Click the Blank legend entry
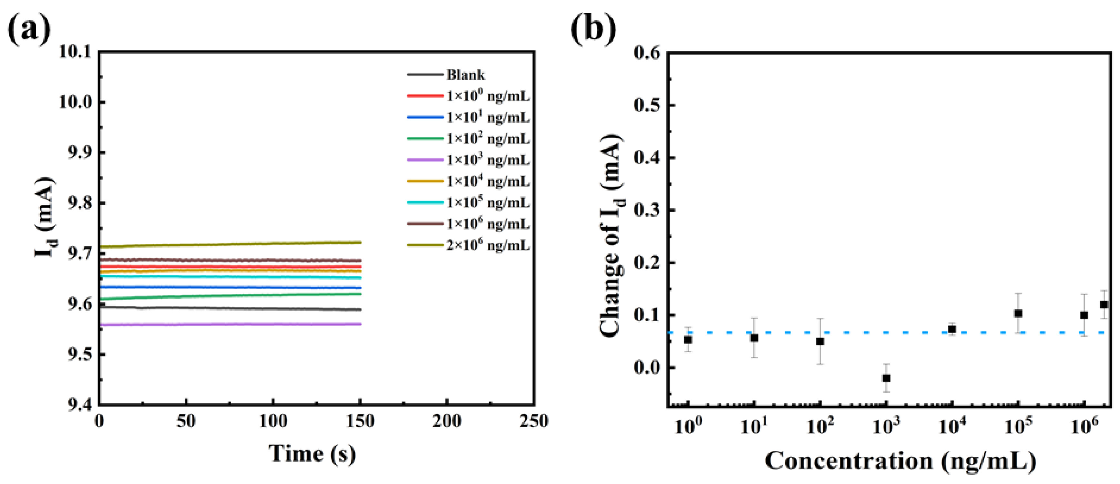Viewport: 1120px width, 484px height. pos(465,75)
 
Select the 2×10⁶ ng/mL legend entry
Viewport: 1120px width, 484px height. pos(488,246)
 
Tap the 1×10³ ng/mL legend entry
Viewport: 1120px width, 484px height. pos(488,160)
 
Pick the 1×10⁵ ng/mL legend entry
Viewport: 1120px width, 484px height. pos(488,203)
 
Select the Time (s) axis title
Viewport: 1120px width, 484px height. pos(312,454)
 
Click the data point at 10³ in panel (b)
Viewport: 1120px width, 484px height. pos(886,378)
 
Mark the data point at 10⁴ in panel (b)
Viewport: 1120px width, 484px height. pos(952,329)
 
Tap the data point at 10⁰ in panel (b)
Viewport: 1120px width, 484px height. pos(688,339)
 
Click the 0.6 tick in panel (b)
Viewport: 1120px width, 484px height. pos(647,53)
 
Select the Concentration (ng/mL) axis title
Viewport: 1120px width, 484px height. pos(900,461)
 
